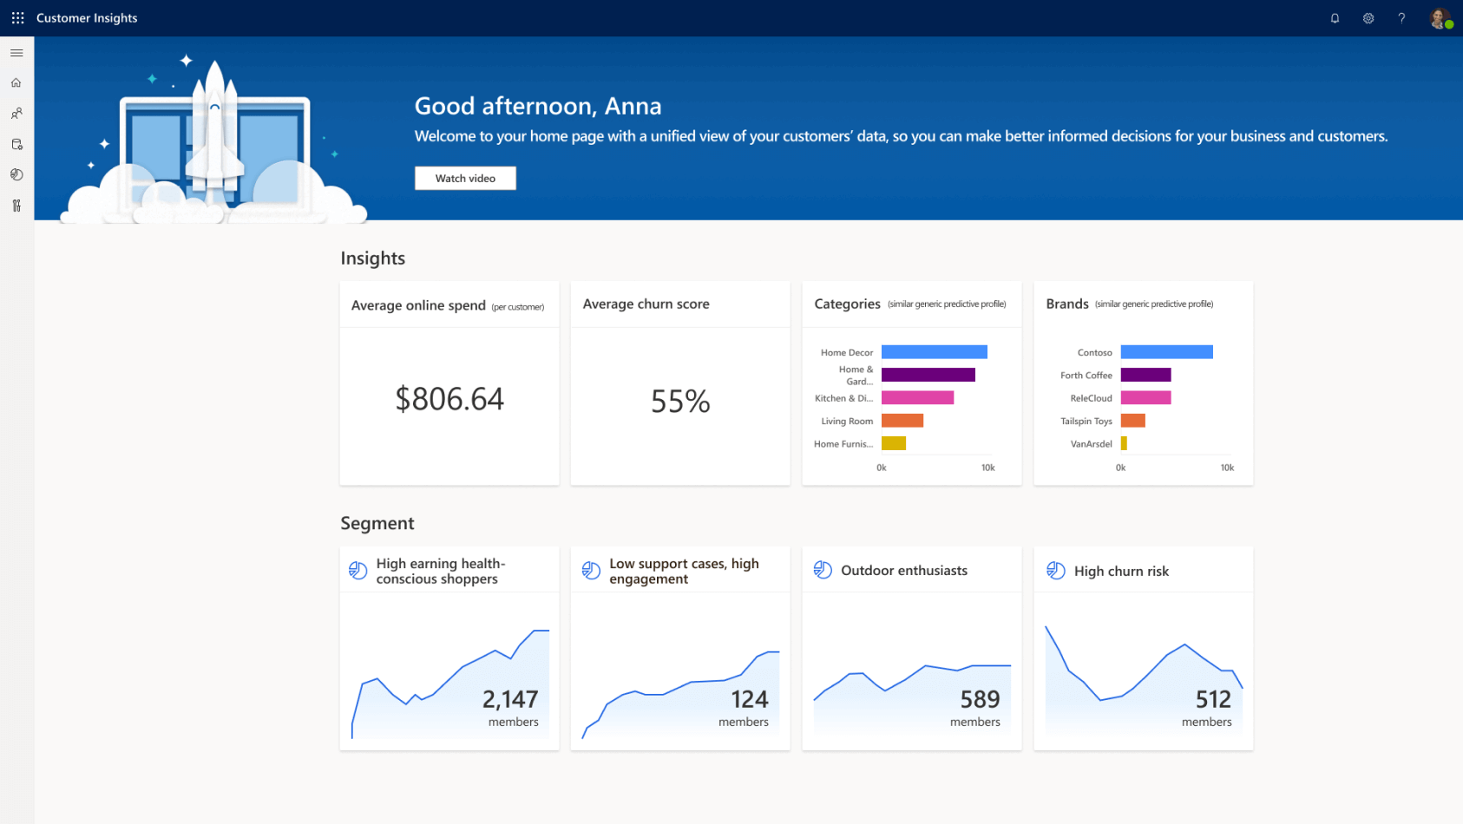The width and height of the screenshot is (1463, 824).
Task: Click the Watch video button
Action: coord(465,178)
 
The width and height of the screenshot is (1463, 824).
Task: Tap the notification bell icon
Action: coord(1335,18)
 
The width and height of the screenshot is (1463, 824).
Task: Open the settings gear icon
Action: coord(1368,18)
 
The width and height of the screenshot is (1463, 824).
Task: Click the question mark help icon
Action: coord(1401,18)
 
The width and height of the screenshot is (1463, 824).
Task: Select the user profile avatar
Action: coord(1440,18)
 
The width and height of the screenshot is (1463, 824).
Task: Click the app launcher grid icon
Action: coord(17,18)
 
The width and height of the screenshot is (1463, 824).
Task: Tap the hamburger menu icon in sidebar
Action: coord(16,53)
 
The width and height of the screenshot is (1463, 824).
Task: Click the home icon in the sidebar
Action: coord(16,83)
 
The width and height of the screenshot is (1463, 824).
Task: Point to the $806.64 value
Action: coord(449,399)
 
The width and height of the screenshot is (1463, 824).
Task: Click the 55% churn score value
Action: coord(680,401)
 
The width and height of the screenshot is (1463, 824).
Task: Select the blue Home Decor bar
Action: coord(934,352)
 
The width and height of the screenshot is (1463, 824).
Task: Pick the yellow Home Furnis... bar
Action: coord(893,443)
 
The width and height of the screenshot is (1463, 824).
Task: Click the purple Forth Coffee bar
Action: coord(1145,375)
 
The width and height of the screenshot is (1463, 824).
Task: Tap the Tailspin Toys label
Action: coord(1086,421)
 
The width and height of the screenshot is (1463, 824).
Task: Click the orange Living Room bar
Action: coord(902,421)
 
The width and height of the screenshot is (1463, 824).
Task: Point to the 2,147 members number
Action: coord(510,699)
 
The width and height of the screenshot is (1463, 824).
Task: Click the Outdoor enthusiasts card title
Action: coord(903,571)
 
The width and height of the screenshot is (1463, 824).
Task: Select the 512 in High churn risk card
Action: coord(1213,699)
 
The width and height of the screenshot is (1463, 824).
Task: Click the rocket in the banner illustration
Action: coord(214,130)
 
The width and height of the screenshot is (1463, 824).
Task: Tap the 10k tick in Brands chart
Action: coord(1227,468)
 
